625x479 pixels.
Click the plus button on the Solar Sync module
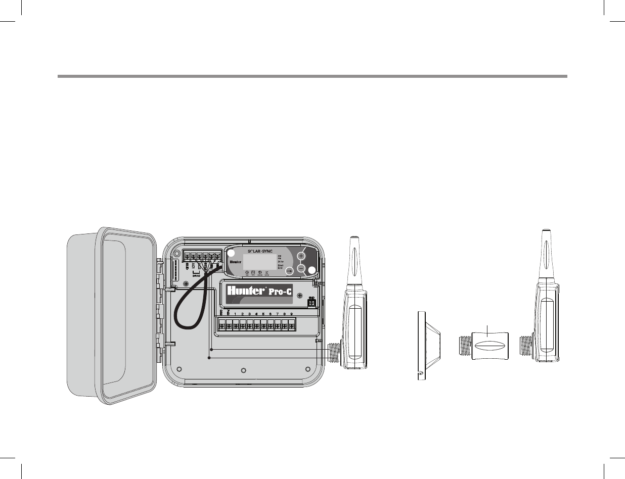click(301, 256)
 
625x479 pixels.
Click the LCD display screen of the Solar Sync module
click(259, 261)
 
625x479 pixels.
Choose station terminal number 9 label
click(291, 314)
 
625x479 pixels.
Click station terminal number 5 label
click(263, 314)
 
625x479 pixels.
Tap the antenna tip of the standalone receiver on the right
click(546, 233)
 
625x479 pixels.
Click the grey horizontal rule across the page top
click(312, 77)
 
